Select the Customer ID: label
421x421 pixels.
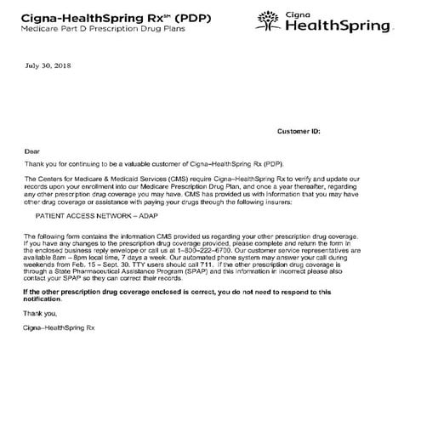(299, 132)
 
